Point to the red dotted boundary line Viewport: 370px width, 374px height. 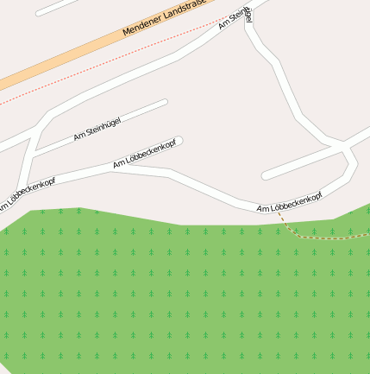tap(103, 69)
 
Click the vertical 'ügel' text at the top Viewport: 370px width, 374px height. tap(249, 15)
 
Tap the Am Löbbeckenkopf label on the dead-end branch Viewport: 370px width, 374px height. tap(144, 152)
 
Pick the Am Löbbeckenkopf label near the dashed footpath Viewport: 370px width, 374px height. tap(289, 204)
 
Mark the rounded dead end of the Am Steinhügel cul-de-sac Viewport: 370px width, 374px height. tap(164, 103)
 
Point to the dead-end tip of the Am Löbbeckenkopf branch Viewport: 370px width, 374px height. tap(179, 141)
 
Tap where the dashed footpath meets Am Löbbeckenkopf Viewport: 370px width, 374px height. tap(277, 210)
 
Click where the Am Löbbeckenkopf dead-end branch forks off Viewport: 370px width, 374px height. tap(110, 169)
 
